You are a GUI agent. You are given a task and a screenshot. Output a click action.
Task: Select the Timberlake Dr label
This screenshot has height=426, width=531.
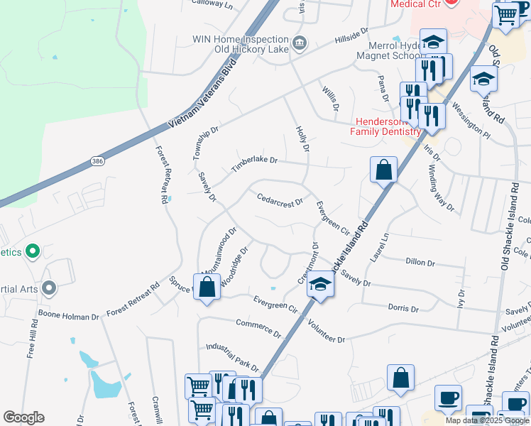[x=253, y=164]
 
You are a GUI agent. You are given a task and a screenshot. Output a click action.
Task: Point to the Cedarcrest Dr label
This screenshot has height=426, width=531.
[x=280, y=200]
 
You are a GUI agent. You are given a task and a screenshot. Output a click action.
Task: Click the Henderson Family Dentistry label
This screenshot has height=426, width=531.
[x=385, y=126]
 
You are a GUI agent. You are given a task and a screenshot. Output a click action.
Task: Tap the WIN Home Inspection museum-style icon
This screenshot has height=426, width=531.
[x=300, y=43]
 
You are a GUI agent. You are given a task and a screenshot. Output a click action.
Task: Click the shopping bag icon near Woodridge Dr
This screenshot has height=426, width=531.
[x=207, y=288]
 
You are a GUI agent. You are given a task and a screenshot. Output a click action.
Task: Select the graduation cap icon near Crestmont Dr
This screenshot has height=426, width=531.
[x=321, y=285]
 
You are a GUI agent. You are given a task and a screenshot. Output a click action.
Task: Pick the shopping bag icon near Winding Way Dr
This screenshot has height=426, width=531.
[x=383, y=170]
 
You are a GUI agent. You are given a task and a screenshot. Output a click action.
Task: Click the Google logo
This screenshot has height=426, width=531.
[x=23, y=417]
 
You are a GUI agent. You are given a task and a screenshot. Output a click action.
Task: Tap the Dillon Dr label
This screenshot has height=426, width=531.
[x=420, y=262]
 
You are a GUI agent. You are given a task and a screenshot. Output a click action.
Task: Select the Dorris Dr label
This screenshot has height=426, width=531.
[x=405, y=308]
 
